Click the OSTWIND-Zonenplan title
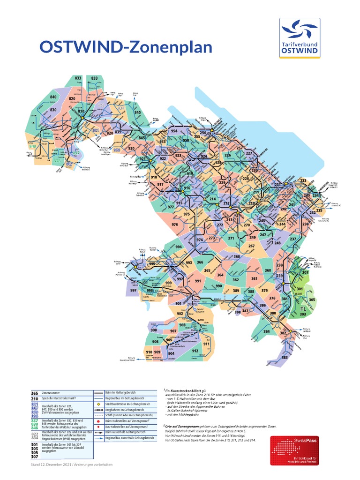[126, 47]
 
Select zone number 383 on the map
[285, 358]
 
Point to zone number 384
[266, 331]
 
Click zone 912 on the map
[195, 351]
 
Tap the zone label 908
[154, 330]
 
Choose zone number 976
[175, 225]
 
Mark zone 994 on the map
[178, 247]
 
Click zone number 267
[251, 246]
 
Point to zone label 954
[174, 131]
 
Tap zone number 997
[134, 291]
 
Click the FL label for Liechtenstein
[295, 310]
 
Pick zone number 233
[303, 180]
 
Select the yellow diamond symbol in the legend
[99, 404]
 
